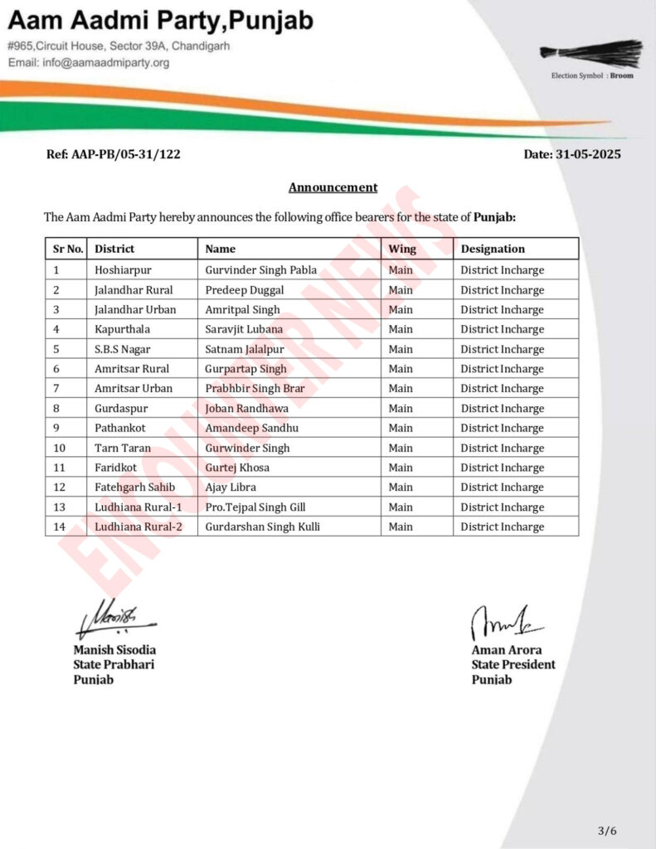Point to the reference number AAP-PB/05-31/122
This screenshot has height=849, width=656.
pos(114,154)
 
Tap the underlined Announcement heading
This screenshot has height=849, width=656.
pos(333,187)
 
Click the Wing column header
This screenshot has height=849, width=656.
pos(402,249)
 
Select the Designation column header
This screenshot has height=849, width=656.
pos(493,249)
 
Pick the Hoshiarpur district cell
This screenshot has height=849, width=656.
pos(124,270)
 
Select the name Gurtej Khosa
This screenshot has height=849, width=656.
pos(237,468)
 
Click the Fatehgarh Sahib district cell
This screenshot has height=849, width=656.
pos(134,488)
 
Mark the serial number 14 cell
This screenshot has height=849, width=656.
pos(60,526)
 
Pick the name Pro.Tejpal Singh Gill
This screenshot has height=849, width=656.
pos(257,507)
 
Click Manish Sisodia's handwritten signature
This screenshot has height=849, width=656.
pos(114,617)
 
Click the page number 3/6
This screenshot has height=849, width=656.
pos(607,831)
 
